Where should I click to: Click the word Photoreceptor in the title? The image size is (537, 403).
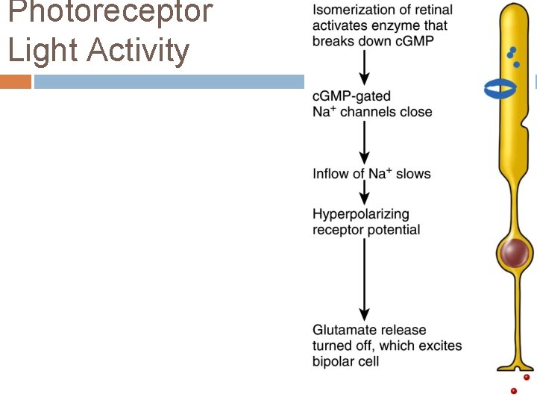tap(110, 13)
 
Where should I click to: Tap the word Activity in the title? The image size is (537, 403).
tap(139, 51)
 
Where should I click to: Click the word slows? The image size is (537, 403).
tap(413, 174)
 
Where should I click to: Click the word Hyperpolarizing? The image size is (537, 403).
tap(361, 215)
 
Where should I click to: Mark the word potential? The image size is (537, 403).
tap(392, 230)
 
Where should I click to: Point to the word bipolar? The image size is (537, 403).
tap(333, 362)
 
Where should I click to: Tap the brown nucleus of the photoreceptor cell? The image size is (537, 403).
tap(514, 254)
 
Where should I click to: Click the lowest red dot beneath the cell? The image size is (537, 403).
tap(513, 391)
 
